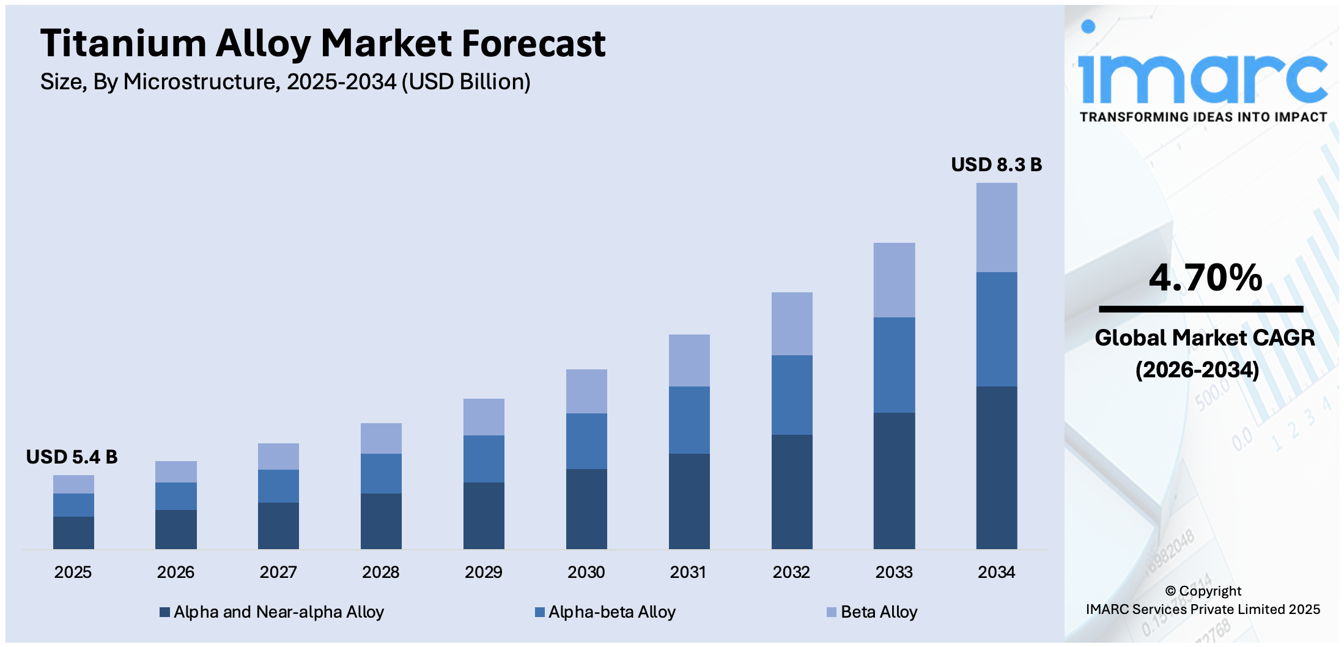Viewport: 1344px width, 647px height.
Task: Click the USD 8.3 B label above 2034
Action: [x=995, y=165]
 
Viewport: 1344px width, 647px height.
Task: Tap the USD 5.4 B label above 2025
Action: [x=72, y=457]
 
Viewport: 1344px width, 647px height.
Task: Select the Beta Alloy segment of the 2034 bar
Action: [x=996, y=227]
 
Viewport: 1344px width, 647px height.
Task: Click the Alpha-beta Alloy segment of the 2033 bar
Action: [x=894, y=364]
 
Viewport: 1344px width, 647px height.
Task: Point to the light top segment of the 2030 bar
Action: [x=586, y=391]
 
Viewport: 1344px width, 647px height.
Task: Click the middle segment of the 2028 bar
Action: [x=381, y=473]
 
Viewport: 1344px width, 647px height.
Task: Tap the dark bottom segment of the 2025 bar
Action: [x=73, y=532]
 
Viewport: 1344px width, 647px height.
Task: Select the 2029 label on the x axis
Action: [x=483, y=572]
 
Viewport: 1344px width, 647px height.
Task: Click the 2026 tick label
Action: [x=175, y=572]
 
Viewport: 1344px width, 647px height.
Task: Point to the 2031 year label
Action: [x=688, y=572]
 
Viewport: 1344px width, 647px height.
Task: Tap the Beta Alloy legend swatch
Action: [x=832, y=612]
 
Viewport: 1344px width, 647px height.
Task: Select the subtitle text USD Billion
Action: [x=466, y=82]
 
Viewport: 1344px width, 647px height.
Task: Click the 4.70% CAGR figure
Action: [x=1205, y=278]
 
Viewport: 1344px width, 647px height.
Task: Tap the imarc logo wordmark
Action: [x=1202, y=76]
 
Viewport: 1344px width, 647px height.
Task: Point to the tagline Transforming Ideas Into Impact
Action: [x=1203, y=117]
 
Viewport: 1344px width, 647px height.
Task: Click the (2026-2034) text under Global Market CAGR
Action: [x=1197, y=370]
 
